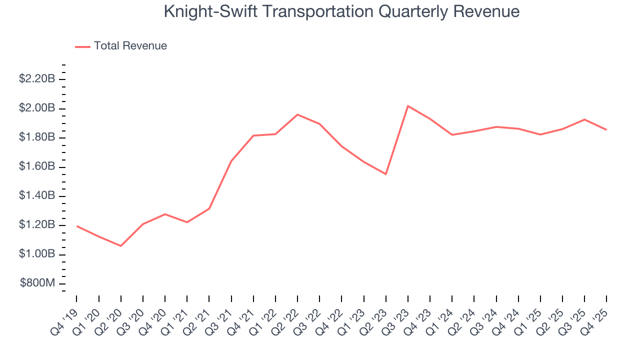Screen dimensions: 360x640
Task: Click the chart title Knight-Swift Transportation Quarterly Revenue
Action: click(341, 11)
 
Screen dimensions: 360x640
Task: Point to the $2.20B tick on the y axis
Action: click(37, 79)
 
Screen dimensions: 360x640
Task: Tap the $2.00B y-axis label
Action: click(37, 108)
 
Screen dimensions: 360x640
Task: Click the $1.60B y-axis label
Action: click(37, 166)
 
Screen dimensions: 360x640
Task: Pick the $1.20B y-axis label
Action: click(37, 225)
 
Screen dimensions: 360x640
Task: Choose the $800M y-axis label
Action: click(38, 283)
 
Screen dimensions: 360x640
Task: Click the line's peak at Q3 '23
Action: click(408, 106)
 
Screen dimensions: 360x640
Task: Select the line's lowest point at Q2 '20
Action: click(120, 246)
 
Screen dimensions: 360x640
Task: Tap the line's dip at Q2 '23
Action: click(386, 174)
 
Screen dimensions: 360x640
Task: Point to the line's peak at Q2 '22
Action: click(297, 114)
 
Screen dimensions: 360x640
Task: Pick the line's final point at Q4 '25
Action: click(606, 130)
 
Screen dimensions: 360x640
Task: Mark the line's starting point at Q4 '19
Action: click(76, 226)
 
